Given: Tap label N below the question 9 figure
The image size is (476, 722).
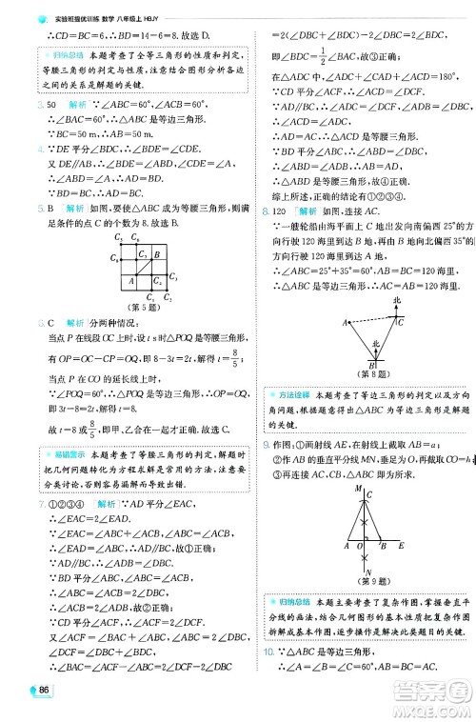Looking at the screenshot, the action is coord(367,572).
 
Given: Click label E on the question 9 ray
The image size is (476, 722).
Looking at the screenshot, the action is coord(401,545).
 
